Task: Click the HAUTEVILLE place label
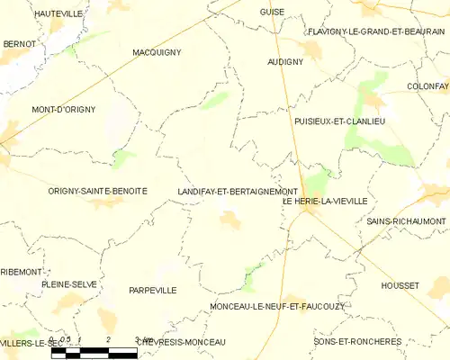tap(58, 14)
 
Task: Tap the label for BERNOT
tap(20, 43)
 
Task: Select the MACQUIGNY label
tap(156, 52)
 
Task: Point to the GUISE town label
tap(272, 13)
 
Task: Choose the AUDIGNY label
tap(285, 62)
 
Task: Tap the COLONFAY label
tap(427, 85)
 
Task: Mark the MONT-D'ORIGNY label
tap(63, 109)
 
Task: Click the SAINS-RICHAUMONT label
tap(406, 220)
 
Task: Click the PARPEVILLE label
tap(152, 290)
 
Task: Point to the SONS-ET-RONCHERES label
tap(357, 342)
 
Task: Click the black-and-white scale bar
tap(94, 353)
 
